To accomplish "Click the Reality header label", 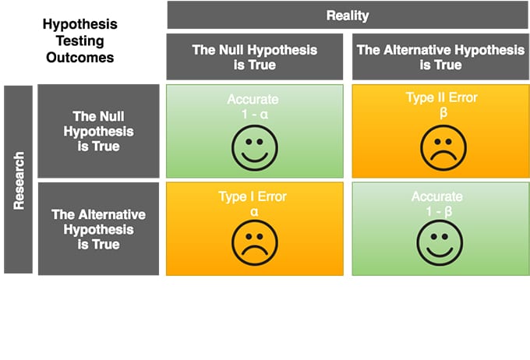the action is [x=348, y=16].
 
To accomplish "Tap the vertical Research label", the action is [x=19, y=181].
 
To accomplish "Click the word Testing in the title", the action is [x=80, y=41].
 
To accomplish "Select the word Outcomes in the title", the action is [x=80, y=58].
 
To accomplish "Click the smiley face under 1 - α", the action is [x=255, y=148].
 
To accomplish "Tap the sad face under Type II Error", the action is [x=443, y=148].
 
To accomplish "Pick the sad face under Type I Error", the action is [x=255, y=242].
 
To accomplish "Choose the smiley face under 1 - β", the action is [x=440, y=242].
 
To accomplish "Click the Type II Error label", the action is [x=442, y=97].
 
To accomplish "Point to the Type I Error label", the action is [x=253, y=196].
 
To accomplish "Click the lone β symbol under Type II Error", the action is [x=443, y=112].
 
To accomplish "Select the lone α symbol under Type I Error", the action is [x=254, y=212].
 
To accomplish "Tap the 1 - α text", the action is [x=255, y=115].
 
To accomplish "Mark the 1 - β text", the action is [x=439, y=212].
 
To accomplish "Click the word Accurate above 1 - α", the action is [x=253, y=100].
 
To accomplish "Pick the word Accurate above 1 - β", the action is [x=437, y=196].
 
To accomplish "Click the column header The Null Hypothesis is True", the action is [x=255, y=57].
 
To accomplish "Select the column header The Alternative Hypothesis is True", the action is [x=440, y=57].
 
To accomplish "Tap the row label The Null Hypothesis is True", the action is [x=98, y=131].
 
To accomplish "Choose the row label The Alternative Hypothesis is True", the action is [x=98, y=229].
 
